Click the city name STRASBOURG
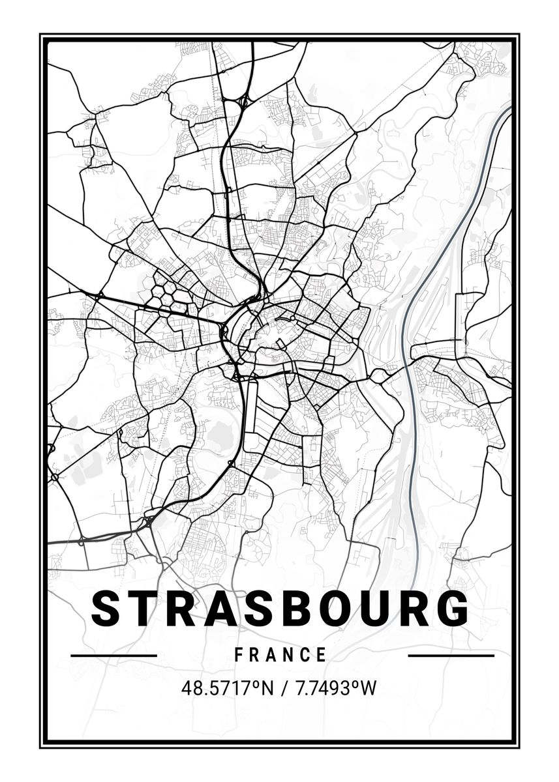coord(280,609)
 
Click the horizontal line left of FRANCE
coord(113,655)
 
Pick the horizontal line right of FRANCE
coord(451,655)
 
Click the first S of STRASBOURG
coord(110,609)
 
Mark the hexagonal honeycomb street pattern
coord(168,291)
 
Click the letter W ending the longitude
coord(369,688)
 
